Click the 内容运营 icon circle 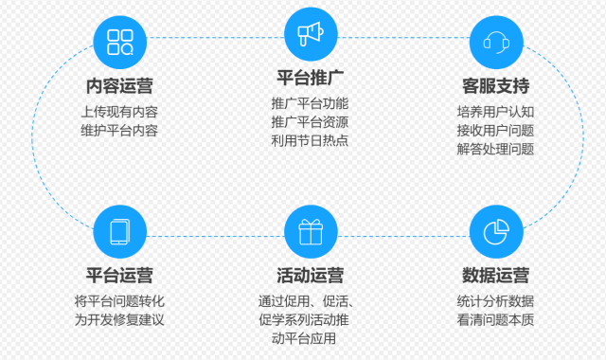pyautogui.click(x=119, y=41)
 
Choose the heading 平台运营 pyautogui.click(x=119, y=276)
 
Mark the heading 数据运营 pyautogui.click(x=496, y=276)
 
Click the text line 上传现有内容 pyautogui.click(x=119, y=112)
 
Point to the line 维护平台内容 pyautogui.click(x=119, y=130)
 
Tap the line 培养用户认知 pyautogui.click(x=496, y=112)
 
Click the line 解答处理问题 pyautogui.click(x=496, y=149)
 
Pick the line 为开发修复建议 pyautogui.click(x=119, y=319)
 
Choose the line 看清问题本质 pyautogui.click(x=496, y=319)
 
